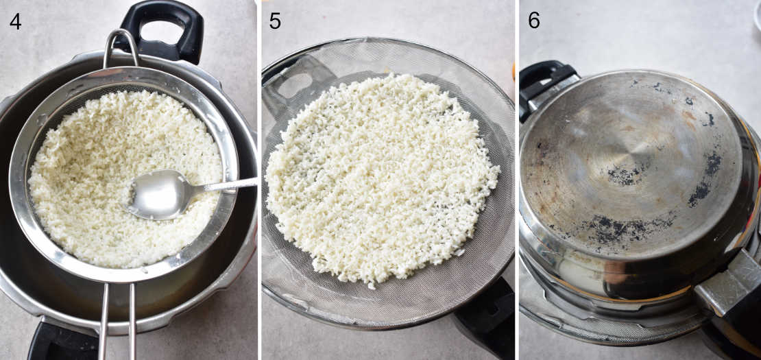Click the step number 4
[x=15, y=21]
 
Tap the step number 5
[x=274, y=21]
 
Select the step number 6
[x=534, y=21]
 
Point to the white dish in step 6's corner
[x=756, y=17]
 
